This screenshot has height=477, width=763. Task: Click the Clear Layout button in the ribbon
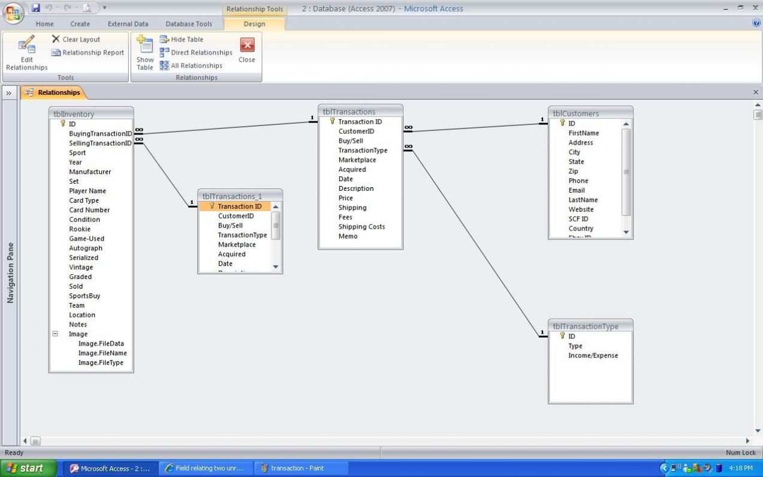[76, 40]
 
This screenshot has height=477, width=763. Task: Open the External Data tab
[128, 24]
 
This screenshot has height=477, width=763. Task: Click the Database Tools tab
[189, 24]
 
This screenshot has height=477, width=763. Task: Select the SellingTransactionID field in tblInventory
[100, 143]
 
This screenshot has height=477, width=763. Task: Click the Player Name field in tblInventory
[88, 191]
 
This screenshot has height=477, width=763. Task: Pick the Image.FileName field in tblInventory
[102, 353]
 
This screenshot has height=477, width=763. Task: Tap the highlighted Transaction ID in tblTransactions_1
[239, 206]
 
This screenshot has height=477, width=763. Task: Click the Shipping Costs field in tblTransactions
[361, 227]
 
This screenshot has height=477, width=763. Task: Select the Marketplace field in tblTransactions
[357, 160]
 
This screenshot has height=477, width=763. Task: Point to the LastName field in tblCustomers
[583, 200]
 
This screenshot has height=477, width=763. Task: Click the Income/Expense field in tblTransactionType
[593, 356]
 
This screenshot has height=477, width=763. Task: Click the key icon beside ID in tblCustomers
[562, 123]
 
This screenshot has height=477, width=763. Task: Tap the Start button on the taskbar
[28, 469]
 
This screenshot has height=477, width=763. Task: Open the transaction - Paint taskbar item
[297, 469]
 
